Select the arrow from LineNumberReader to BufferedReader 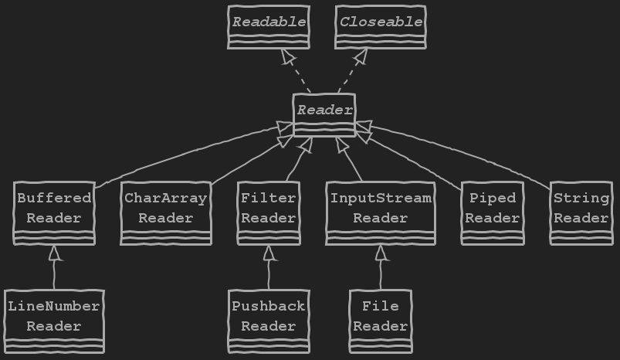point(55,267)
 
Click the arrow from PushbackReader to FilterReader point(269,267)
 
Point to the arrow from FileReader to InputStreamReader point(380,267)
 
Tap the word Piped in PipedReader point(493,199)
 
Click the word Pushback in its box point(269,306)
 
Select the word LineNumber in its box point(54,306)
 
